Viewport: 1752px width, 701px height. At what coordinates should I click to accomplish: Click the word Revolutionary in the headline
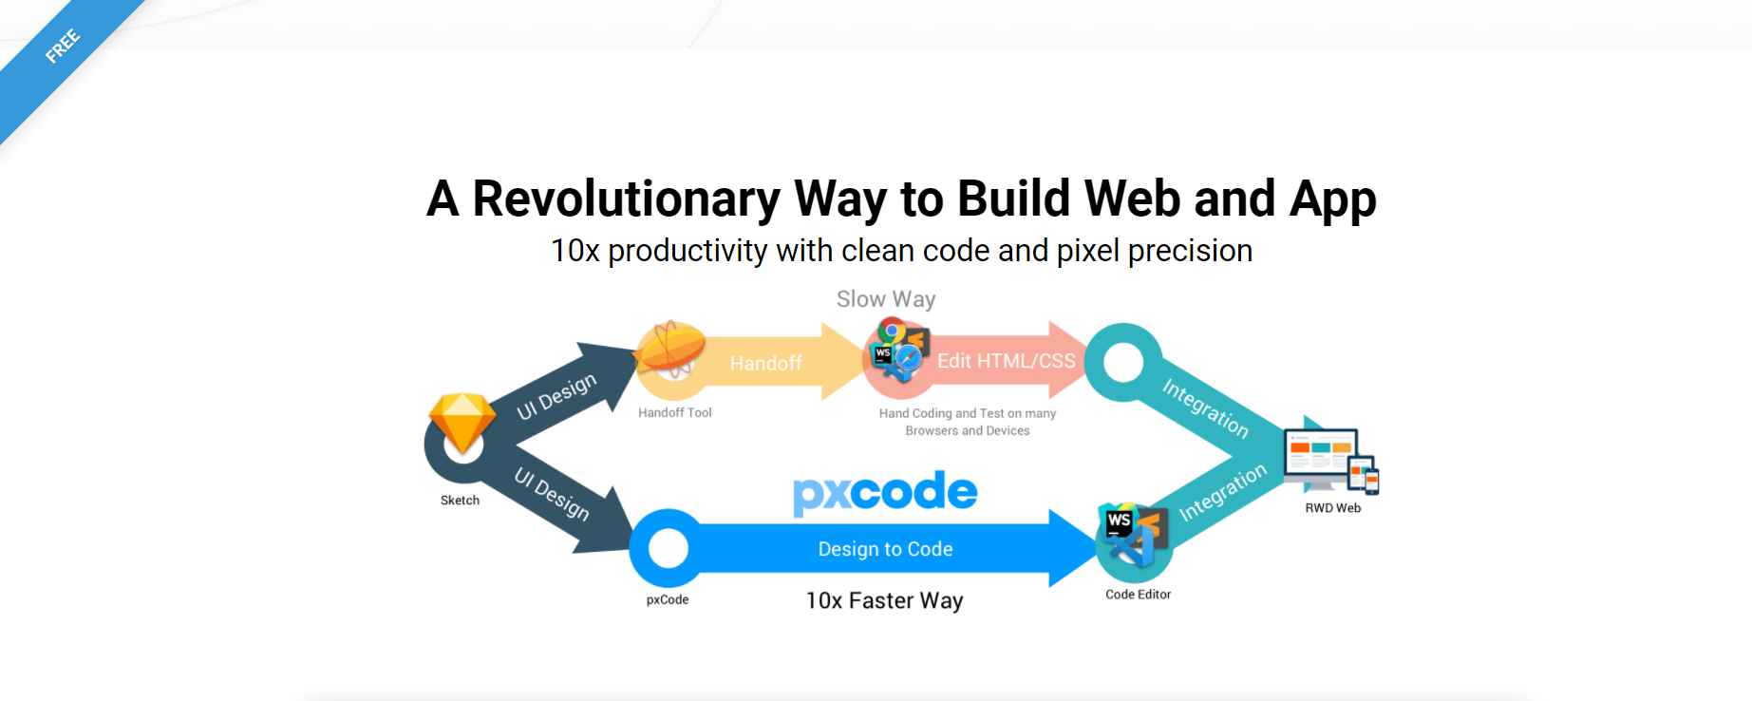tap(627, 199)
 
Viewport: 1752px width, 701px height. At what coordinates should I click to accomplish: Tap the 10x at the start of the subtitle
tap(575, 252)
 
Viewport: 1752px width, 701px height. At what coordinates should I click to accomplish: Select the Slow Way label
tap(886, 299)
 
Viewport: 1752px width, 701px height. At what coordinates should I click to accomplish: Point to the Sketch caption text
tap(460, 501)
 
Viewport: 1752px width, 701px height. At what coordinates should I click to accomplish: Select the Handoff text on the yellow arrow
tap(765, 364)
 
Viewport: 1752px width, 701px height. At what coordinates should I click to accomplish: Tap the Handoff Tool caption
tap(674, 413)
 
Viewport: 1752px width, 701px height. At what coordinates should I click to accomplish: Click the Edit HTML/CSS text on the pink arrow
tap(1006, 361)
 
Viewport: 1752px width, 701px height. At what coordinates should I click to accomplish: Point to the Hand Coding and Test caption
tap(968, 422)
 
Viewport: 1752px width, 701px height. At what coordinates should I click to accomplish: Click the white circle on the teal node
tap(1123, 362)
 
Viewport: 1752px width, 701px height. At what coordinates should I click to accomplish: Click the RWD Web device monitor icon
tap(1328, 461)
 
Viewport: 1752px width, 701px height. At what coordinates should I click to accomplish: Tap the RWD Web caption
tap(1332, 508)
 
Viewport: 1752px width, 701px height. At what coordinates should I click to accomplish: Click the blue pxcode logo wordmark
tap(885, 492)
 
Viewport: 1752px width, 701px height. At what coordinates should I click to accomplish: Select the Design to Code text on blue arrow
tap(885, 549)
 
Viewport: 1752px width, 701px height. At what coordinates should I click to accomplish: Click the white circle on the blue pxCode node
tap(668, 548)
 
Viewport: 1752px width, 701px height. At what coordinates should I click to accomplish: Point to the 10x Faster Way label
tap(884, 601)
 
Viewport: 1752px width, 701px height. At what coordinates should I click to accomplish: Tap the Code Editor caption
tap(1138, 595)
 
